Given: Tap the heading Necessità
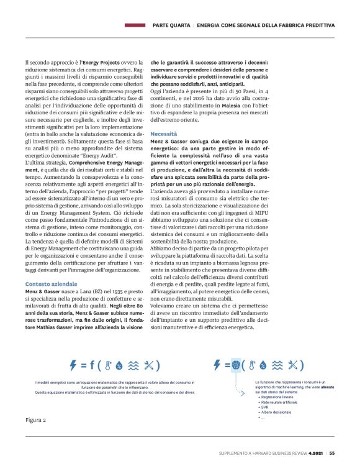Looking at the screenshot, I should [163, 134].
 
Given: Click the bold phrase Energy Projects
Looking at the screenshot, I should [101, 63].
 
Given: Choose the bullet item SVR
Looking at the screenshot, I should [265, 407].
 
